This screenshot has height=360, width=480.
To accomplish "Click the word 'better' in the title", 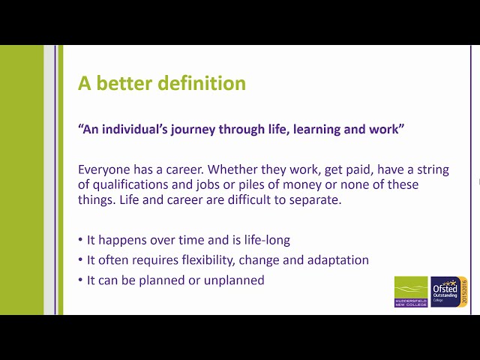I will tap(124, 83).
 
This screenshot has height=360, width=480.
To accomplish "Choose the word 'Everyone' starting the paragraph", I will tap(106, 169).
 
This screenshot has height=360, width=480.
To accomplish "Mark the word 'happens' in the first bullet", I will tap(123, 240).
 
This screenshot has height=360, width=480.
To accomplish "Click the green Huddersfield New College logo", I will tap(411, 292).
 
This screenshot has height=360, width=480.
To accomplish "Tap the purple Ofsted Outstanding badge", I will tap(449, 292).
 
